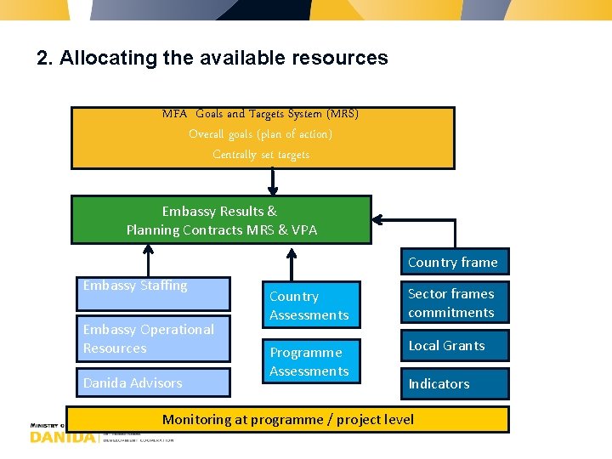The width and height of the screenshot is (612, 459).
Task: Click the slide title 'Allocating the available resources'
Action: click(212, 58)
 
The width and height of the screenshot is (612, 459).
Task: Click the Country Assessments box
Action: click(309, 305)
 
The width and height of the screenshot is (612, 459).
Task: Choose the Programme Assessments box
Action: click(309, 361)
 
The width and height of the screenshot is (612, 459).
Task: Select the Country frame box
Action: click(453, 262)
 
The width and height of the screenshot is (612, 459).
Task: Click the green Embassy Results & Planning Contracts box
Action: click(221, 220)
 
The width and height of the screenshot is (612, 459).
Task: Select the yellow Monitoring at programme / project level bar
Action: click(288, 419)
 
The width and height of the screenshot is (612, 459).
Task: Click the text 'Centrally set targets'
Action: click(261, 155)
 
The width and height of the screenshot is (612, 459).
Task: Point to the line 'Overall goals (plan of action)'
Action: click(261, 134)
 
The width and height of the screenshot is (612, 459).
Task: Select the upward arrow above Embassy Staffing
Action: click(149, 261)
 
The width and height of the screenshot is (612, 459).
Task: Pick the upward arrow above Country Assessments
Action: click(292, 263)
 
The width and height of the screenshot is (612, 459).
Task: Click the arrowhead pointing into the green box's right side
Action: click(380, 221)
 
